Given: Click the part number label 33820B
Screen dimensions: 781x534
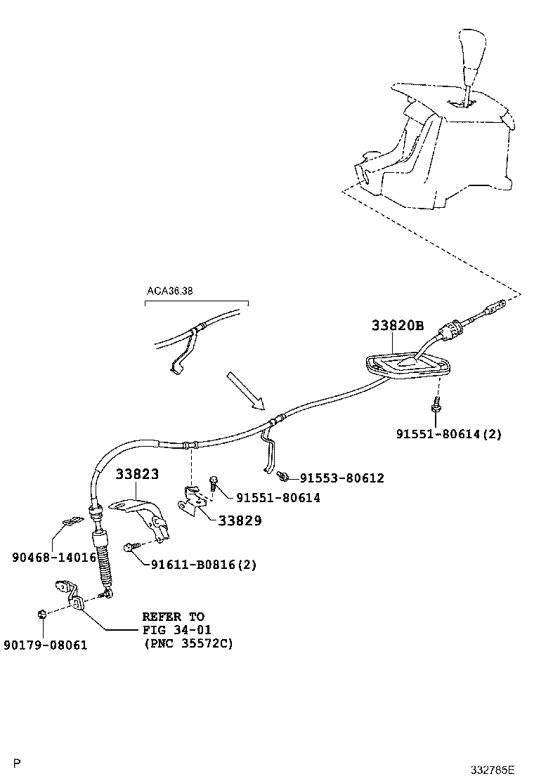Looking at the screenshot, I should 398,325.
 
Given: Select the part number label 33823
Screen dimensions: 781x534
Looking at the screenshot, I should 137,474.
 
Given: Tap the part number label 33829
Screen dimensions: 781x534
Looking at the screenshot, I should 240,520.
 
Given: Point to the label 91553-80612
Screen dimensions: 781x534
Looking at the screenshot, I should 341,478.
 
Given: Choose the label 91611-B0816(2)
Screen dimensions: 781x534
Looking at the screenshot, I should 203,563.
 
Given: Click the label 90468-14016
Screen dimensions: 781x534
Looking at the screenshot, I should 54,557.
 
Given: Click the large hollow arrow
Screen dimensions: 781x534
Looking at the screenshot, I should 245,391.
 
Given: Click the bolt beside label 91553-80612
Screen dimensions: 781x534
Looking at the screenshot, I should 282,476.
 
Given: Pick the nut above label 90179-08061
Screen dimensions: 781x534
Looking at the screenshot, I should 41,615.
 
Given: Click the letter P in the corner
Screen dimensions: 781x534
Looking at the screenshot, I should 18,763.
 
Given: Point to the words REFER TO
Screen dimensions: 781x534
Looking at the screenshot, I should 173,616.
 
